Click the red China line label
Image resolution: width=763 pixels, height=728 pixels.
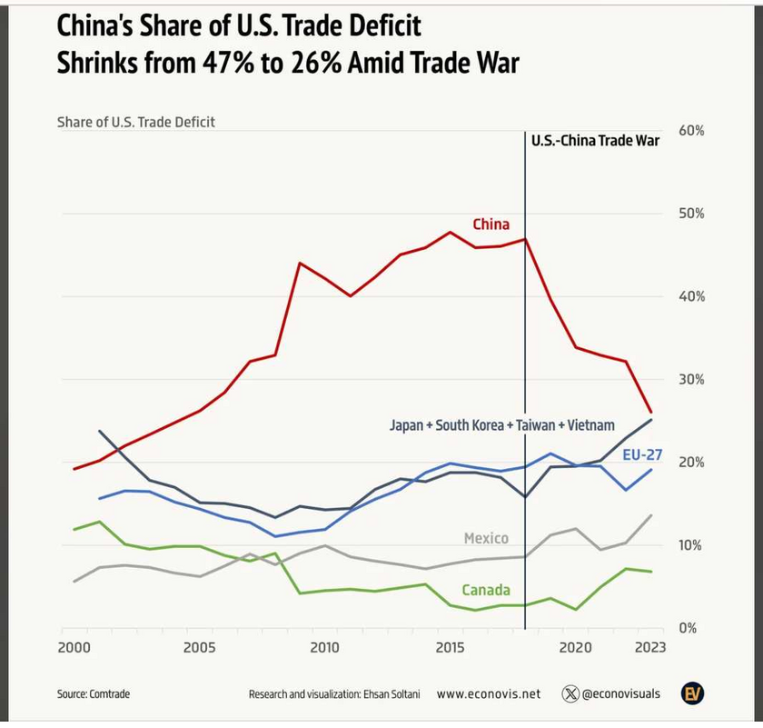click(x=490, y=224)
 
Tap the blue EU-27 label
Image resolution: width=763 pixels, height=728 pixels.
click(x=641, y=454)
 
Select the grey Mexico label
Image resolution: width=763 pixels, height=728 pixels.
click(x=486, y=538)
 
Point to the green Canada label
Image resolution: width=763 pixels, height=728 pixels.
click(x=486, y=590)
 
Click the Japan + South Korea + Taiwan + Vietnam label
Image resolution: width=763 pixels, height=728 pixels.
click(x=502, y=424)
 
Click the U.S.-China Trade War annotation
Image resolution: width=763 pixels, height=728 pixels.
click(x=595, y=140)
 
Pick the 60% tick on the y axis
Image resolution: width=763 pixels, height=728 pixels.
click(x=691, y=131)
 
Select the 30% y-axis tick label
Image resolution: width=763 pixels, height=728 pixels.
click(x=691, y=379)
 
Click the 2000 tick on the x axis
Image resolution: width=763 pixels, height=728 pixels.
click(x=74, y=647)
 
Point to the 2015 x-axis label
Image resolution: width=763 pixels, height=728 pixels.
click(x=451, y=647)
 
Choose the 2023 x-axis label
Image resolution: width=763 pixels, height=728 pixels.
click(x=650, y=647)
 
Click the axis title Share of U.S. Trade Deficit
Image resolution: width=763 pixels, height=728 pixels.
click(x=136, y=122)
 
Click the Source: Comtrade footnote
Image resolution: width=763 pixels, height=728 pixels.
click(x=94, y=693)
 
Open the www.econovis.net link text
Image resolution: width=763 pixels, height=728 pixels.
click(x=488, y=693)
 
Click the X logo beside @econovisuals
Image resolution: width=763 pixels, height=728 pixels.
click(x=570, y=693)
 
